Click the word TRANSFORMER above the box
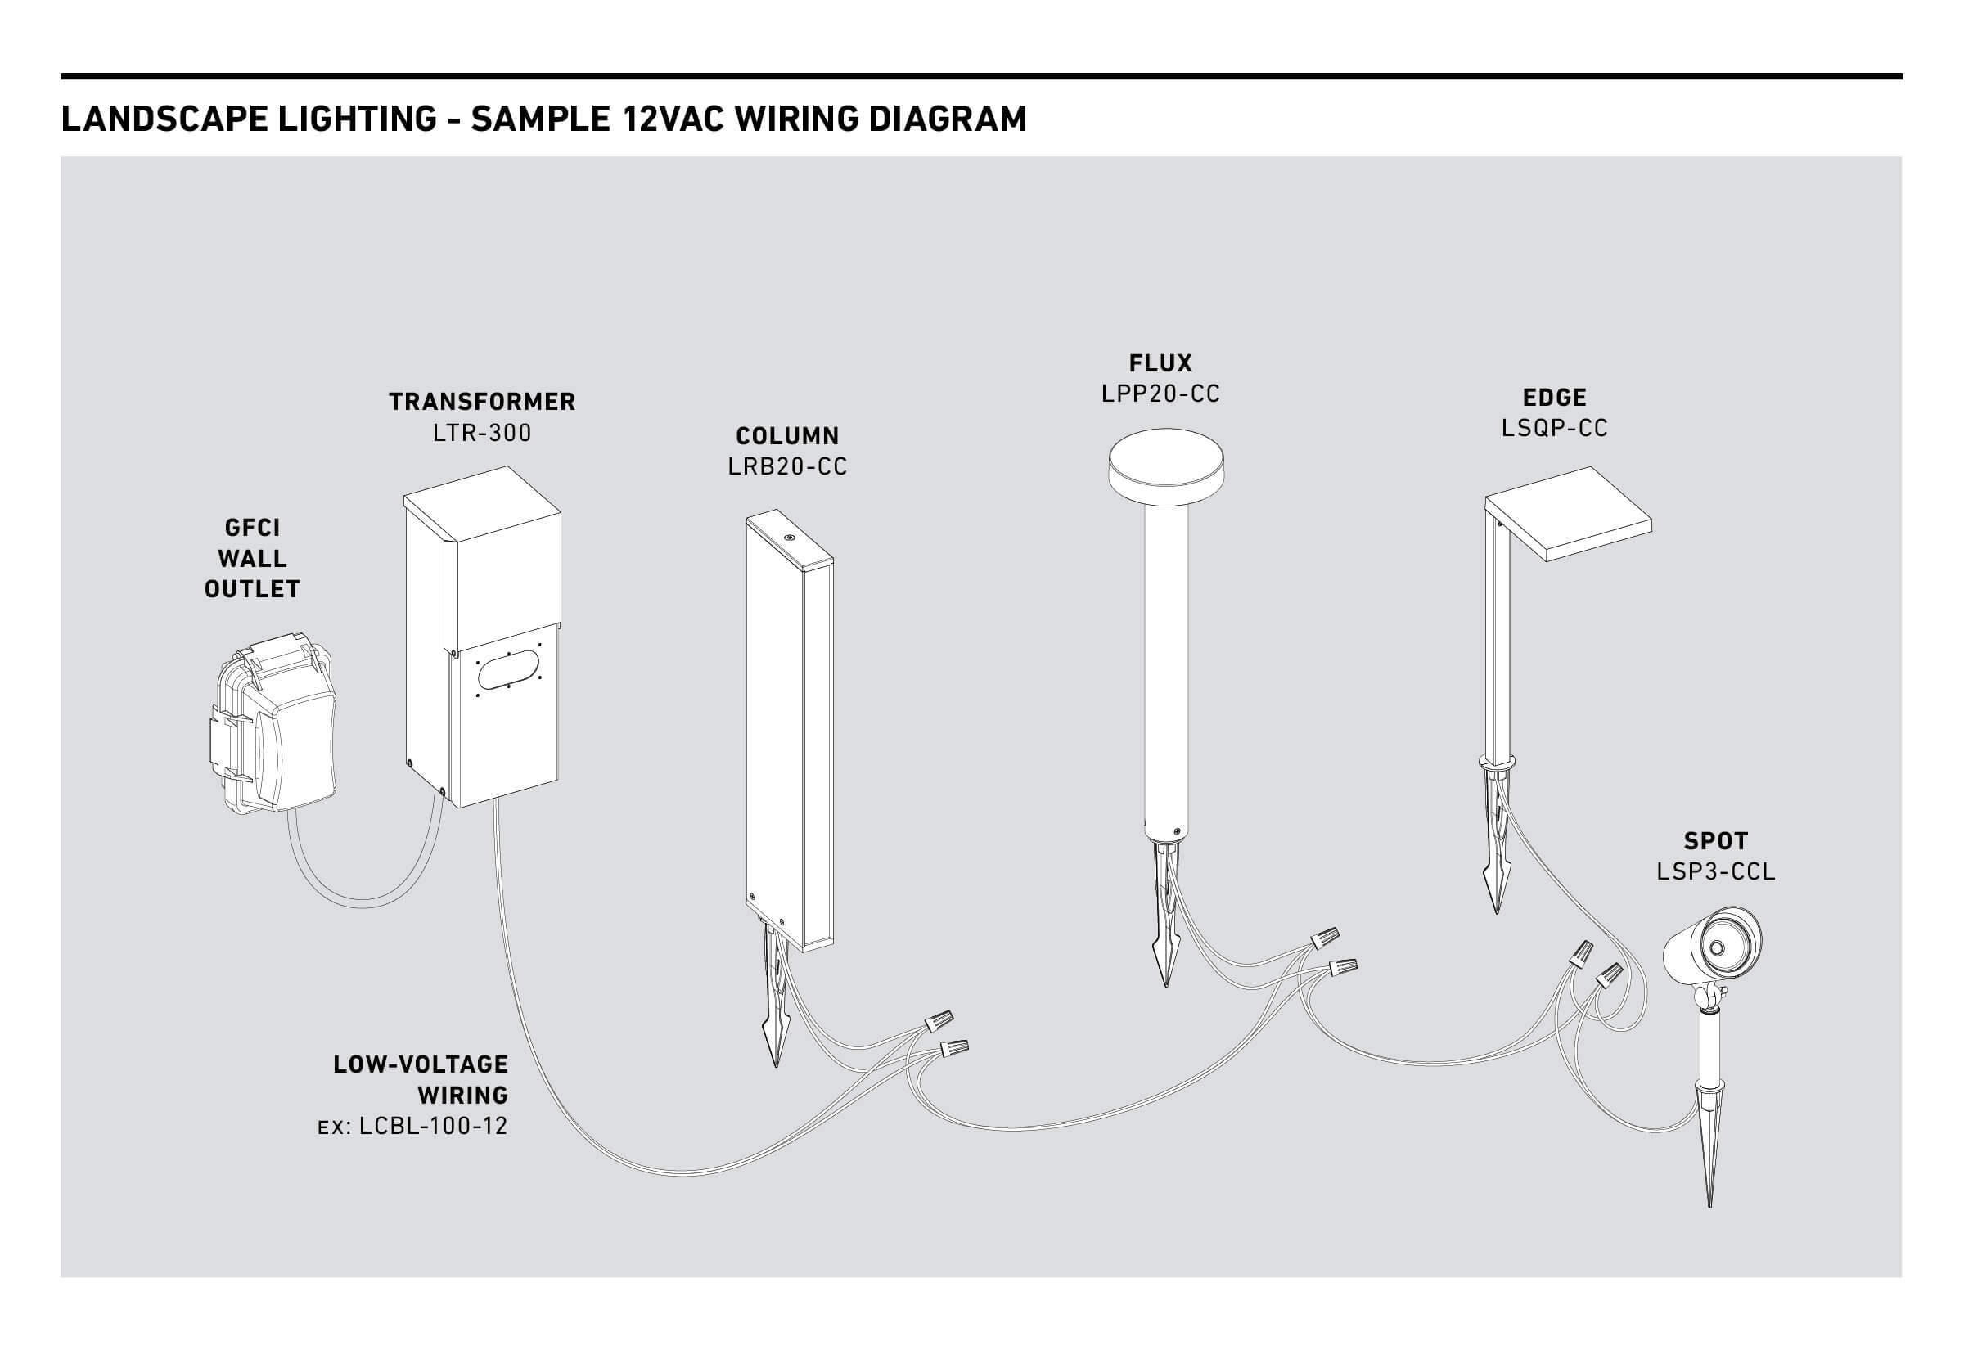[482, 402]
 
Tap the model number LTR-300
[482, 433]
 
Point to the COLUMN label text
[787, 436]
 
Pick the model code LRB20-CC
[787, 467]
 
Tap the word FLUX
[1160, 364]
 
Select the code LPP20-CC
[1160, 394]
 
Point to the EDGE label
[1555, 398]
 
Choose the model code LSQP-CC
[1555, 428]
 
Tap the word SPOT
[1715, 842]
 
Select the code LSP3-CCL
[1715, 872]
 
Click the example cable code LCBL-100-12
[433, 1127]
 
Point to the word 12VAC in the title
[673, 119]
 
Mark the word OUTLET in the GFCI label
[252, 590]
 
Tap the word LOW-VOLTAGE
[421, 1065]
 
